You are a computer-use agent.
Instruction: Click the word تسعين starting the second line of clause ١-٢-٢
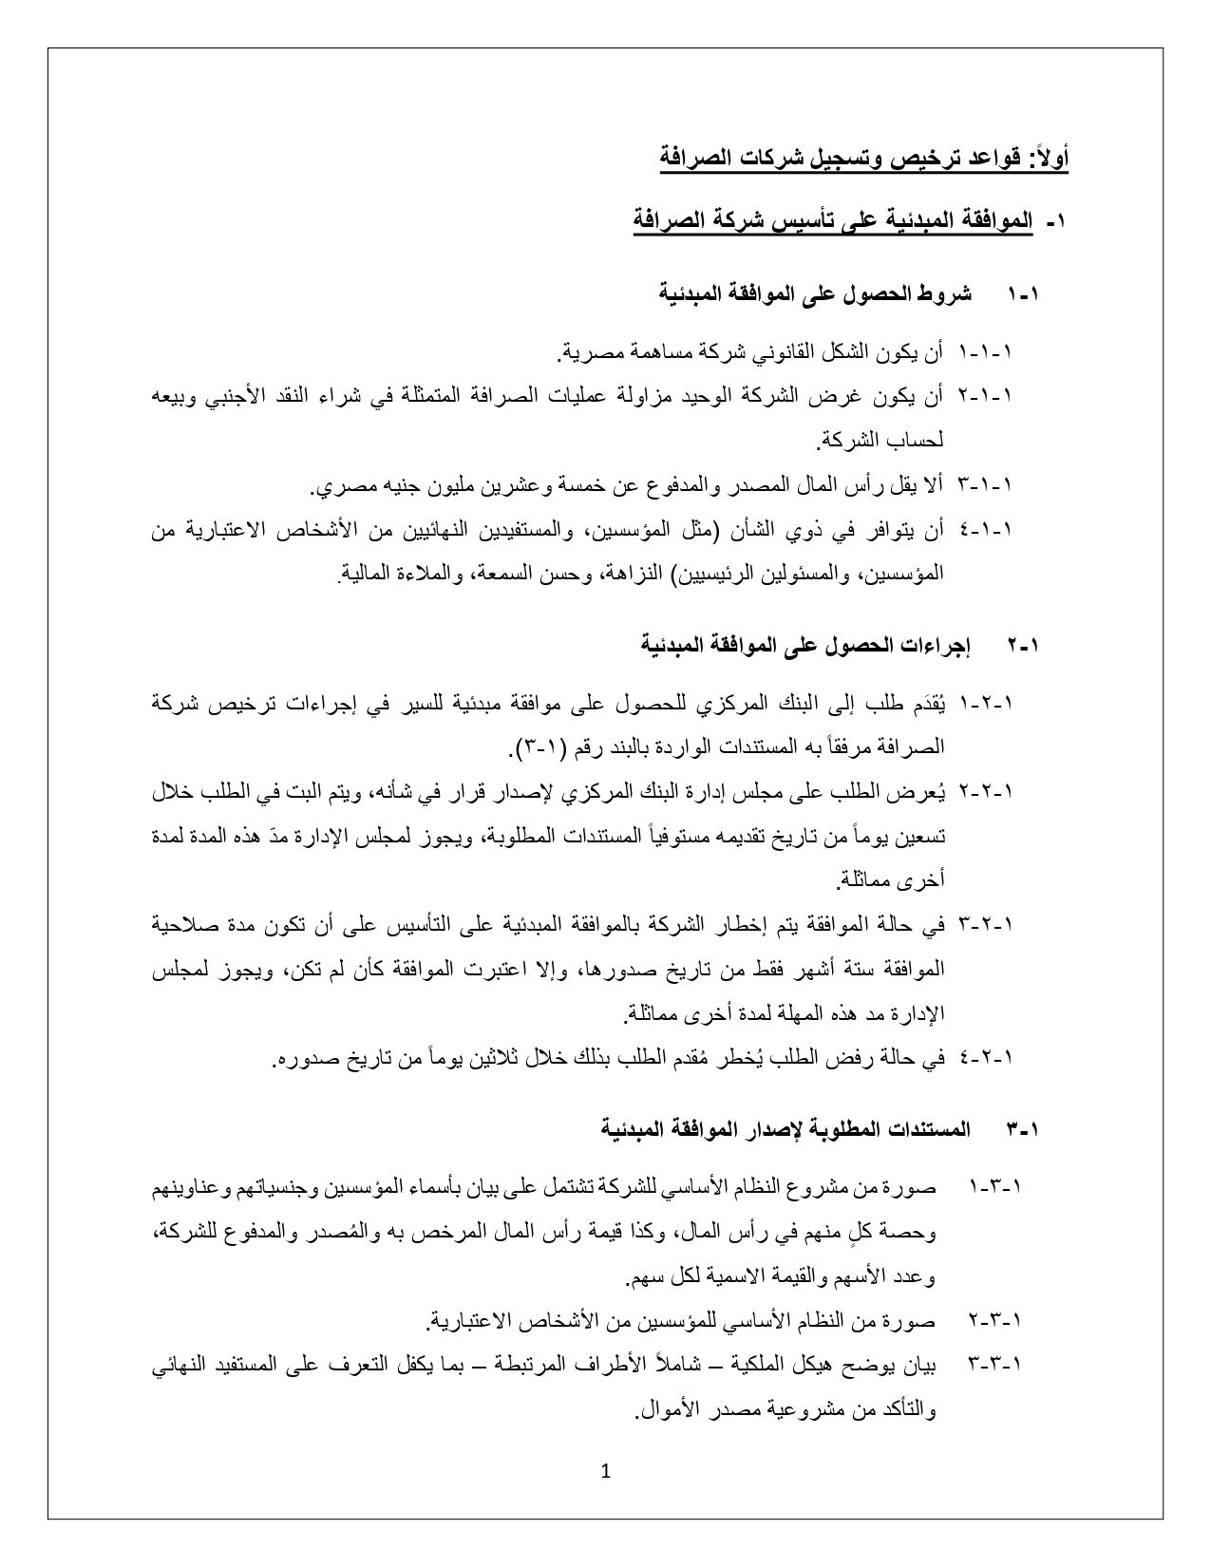[923, 837]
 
